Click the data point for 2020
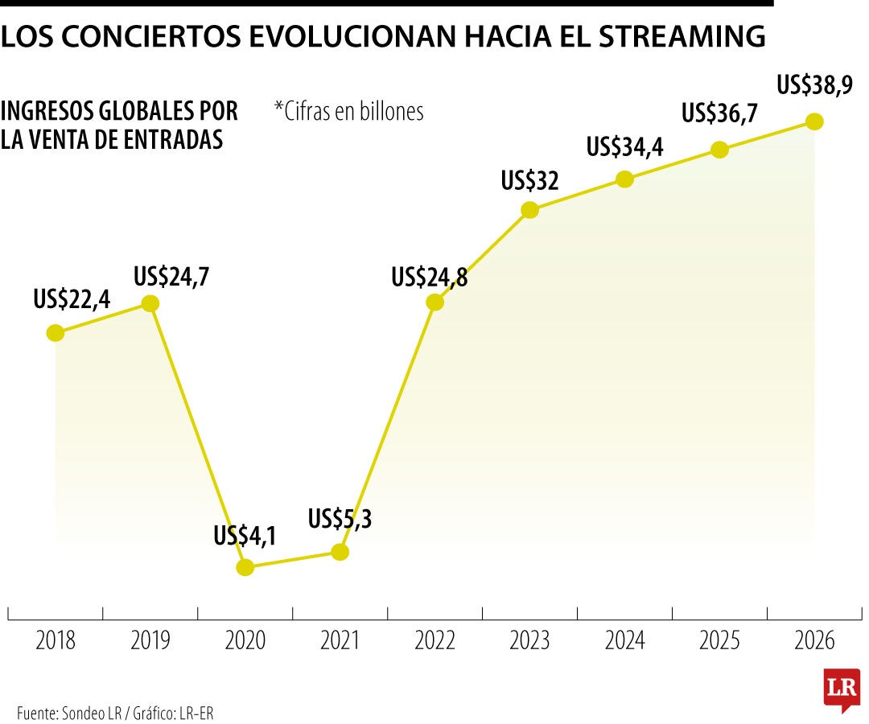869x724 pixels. click(245, 567)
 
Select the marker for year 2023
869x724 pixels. click(529, 210)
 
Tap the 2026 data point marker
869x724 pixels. click(814, 121)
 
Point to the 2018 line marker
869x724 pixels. click(56, 332)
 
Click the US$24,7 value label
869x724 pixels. click(171, 278)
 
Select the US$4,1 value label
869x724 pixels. click(245, 536)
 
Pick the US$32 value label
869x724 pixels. click(529, 181)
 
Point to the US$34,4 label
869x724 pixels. click(624, 147)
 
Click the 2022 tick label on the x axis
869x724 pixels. click(435, 641)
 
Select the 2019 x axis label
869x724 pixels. click(150, 641)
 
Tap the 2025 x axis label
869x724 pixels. click(719, 641)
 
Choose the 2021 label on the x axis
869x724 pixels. click(340, 641)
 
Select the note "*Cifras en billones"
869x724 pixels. click(348, 111)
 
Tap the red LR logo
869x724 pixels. click(842, 689)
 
